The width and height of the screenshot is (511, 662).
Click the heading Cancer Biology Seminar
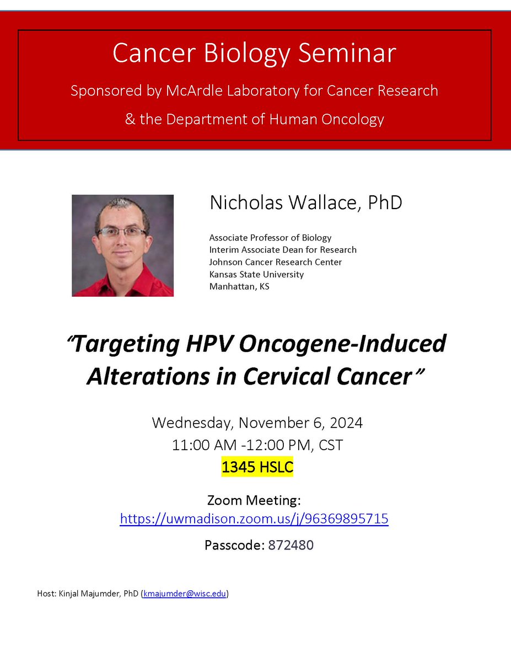coord(254,54)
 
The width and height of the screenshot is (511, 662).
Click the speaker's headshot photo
coord(122,245)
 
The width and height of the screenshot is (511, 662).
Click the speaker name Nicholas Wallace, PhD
coord(305,202)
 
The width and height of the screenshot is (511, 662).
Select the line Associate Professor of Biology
coord(270,238)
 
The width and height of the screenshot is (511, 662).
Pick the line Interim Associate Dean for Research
coord(282,250)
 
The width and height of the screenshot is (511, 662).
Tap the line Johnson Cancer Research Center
coord(275,262)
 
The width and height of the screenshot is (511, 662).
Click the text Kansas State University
coord(256,274)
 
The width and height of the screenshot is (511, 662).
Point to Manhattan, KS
coord(239,286)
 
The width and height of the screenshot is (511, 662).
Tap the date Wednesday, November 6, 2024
coord(257,423)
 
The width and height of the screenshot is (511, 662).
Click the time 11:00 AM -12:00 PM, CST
coord(257,445)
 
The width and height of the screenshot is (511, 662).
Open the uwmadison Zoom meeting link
coord(254,519)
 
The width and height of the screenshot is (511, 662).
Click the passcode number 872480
coord(291,546)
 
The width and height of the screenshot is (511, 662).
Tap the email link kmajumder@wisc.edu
coord(184,594)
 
